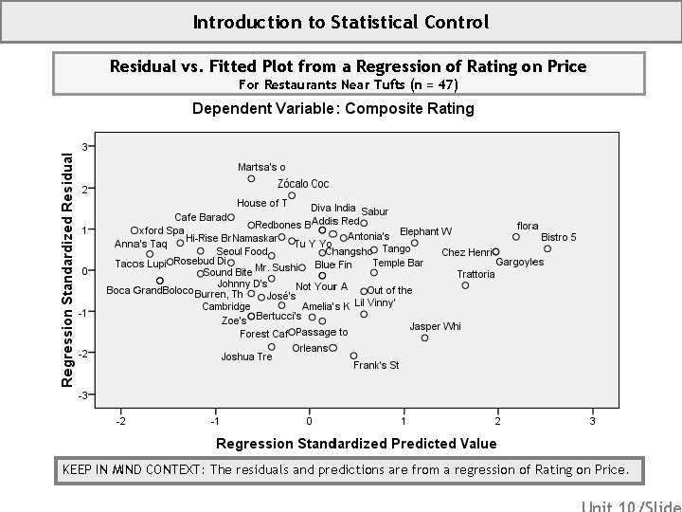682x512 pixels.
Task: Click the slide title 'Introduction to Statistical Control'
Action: click(340, 21)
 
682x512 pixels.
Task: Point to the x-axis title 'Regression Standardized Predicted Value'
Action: click(356, 444)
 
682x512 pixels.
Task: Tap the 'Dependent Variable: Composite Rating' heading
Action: click(332, 108)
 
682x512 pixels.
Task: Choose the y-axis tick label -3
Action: click(83, 394)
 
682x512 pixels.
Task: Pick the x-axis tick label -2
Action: click(119, 420)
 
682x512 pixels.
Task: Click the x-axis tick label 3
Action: click(592, 420)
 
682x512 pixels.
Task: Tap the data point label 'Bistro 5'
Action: click(559, 237)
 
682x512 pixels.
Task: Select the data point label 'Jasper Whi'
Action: click(435, 326)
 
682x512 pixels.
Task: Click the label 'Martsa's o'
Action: click(261, 167)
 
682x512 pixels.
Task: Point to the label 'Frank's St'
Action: click(376, 365)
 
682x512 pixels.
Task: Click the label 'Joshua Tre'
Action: click(246, 357)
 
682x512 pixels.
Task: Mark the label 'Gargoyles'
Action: click(520, 262)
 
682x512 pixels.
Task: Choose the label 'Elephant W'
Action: click(425, 231)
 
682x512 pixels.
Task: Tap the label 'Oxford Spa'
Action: click(157, 230)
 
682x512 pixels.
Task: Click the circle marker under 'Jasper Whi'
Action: click(424, 338)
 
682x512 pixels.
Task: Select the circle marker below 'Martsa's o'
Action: click(251, 178)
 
